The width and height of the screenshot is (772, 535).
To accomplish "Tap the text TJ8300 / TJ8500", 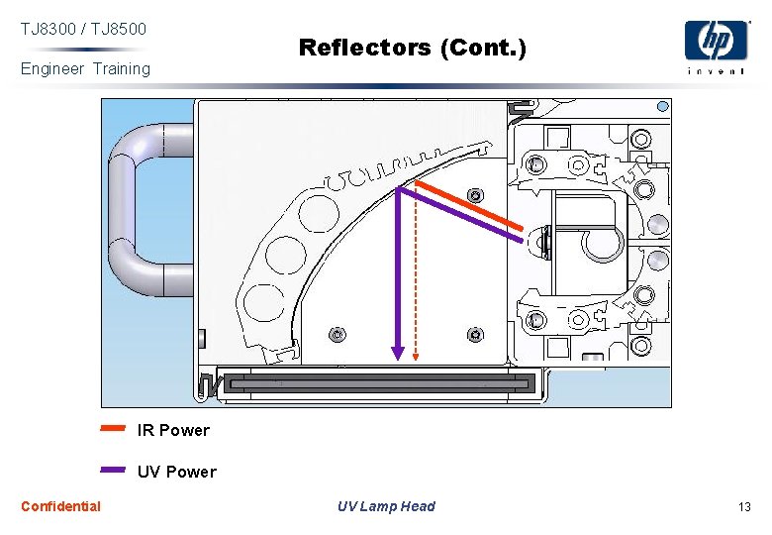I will tap(83, 30).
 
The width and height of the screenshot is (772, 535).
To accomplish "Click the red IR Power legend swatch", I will tap(113, 429).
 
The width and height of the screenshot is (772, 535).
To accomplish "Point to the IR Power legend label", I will tap(173, 430).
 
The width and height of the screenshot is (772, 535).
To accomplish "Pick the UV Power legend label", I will tap(176, 472).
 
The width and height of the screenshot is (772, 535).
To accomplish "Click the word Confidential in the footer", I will tap(60, 506).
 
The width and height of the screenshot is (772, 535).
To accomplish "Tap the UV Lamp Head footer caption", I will tap(386, 506).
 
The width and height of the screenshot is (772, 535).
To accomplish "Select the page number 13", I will tap(744, 507).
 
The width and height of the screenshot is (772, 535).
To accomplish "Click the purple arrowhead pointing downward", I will tap(398, 352).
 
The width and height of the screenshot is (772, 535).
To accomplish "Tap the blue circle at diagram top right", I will tap(663, 106).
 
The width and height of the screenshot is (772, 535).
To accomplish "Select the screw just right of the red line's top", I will tap(476, 194).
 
